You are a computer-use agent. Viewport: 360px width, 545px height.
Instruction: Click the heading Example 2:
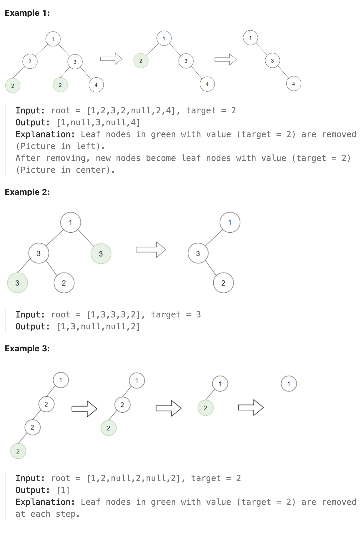pos(27,192)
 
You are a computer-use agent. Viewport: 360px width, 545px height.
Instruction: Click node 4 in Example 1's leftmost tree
pos(96,85)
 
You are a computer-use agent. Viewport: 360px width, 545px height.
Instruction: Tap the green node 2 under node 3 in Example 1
pos(60,85)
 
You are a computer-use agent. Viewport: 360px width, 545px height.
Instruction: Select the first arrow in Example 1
pos(111,59)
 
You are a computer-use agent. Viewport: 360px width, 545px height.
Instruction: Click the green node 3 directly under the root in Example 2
pos(101,254)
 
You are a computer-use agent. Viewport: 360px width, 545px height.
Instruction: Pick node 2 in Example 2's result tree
pos(223,283)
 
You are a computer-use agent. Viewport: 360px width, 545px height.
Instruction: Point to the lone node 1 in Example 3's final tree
pos(289,384)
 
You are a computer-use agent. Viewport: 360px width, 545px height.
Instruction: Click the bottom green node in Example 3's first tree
pos(18,451)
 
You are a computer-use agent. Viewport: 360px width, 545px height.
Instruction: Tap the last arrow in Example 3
pos(251,408)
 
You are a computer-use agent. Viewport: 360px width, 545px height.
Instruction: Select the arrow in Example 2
pos(151,250)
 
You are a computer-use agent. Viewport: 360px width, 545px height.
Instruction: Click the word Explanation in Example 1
pos(45,134)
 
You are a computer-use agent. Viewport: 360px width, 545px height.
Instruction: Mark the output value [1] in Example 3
pos(63,490)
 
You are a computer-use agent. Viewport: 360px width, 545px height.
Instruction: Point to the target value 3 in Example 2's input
pos(198,315)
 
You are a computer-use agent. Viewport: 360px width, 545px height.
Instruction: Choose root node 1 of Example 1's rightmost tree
pos(250,38)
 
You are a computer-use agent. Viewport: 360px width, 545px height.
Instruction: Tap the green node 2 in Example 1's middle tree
pos(141,61)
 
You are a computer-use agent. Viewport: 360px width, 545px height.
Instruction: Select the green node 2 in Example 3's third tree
pos(205,408)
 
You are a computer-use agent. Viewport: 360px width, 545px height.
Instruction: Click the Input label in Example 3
pos(30,478)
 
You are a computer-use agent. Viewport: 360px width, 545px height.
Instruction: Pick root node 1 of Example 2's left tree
pos(71,222)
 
